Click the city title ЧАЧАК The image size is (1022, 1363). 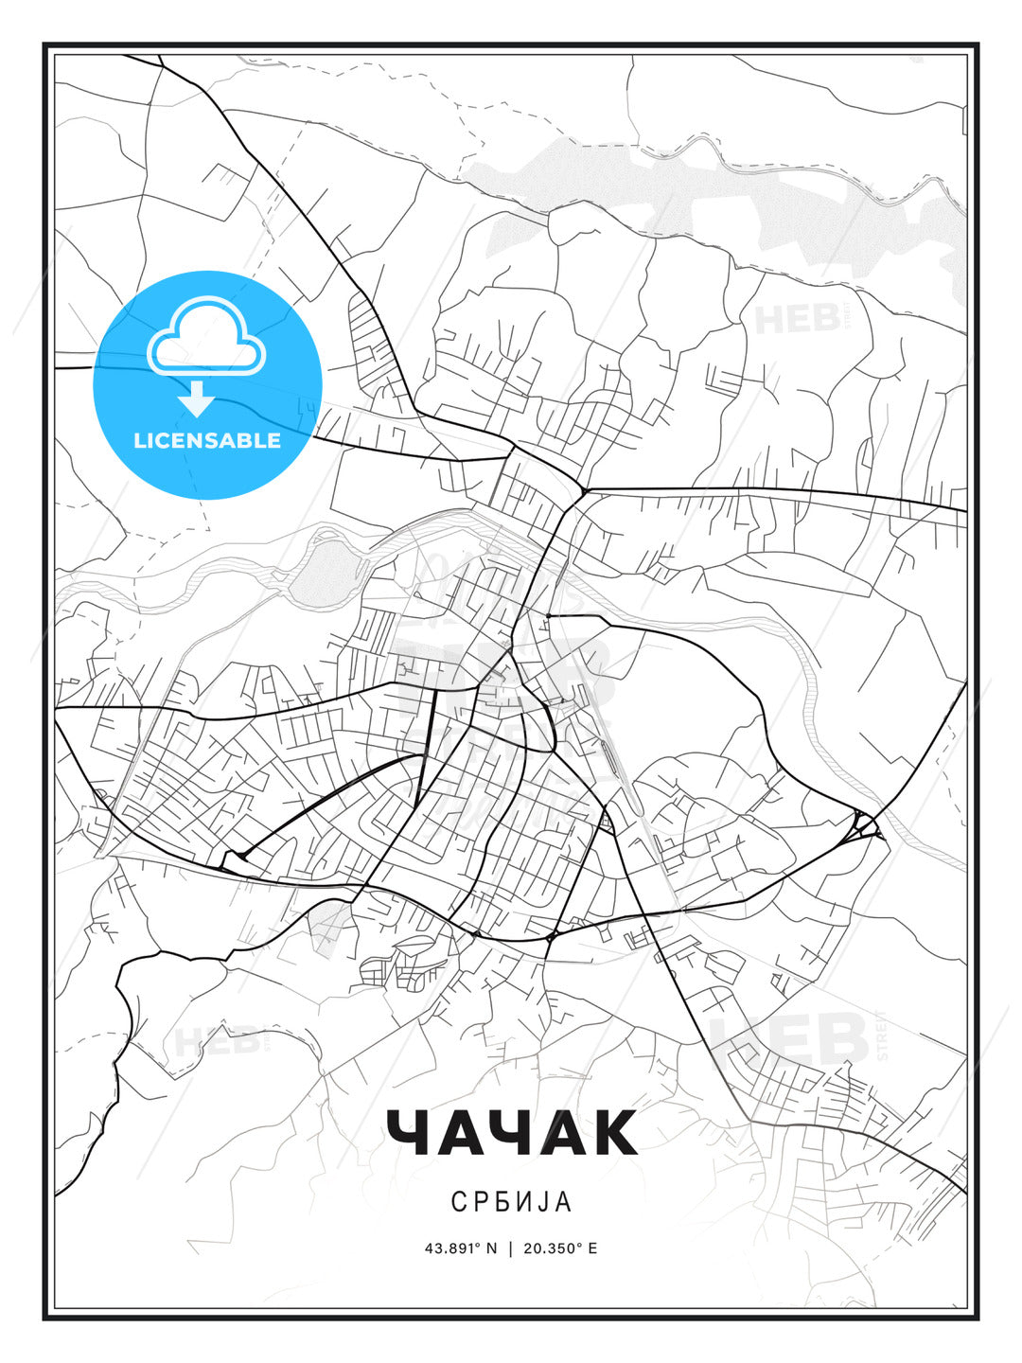[x=511, y=1133]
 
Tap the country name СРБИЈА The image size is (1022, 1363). [x=511, y=1201]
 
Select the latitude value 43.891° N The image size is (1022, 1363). [x=460, y=1248]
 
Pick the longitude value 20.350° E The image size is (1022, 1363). [x=559, y=1248]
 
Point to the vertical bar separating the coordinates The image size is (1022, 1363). [x=510, y=1248]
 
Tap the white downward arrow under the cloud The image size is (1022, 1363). [x=197, y=398]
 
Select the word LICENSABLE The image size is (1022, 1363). [x=207, y=440]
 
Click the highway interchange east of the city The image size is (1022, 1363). [x=865, y=826]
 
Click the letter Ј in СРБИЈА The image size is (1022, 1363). [x=543, y=1201]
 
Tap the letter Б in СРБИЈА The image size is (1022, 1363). [x=502, y=1201]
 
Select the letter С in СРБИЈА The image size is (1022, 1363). [x=458, y=1201]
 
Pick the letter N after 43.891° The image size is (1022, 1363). [x=491, y=1248]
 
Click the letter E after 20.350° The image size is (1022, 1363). [x=592, y=1248]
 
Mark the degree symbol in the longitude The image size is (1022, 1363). [x=578, y=1245]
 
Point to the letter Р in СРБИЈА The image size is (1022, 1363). [x=480, y=1201]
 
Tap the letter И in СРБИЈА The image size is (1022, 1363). [x=524, y=1201]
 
